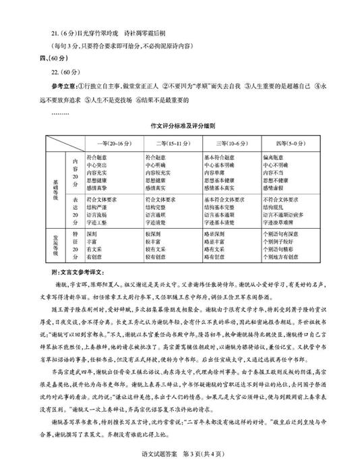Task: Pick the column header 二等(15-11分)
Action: coord(172,144)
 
